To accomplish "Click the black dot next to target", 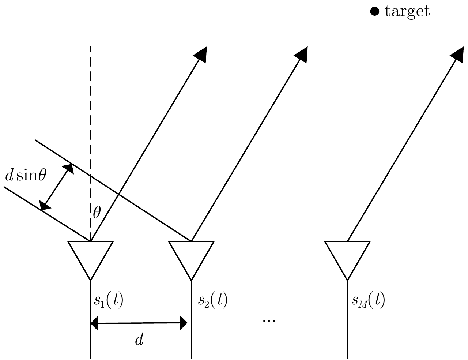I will (374, 12).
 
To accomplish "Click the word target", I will (407, 11).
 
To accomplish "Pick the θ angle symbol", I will (97, 213).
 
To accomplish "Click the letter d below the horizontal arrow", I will (139, 340).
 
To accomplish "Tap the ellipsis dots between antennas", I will (269, 320).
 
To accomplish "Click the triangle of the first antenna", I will (91, 256).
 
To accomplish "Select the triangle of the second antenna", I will (191, 256).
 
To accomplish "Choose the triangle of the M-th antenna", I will (347, 256).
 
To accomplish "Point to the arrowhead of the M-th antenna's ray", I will (458, 54).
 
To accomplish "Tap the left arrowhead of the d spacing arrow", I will (94, 323).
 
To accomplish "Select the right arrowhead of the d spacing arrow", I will (183, 323).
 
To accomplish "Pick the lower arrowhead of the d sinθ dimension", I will (45, 205).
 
